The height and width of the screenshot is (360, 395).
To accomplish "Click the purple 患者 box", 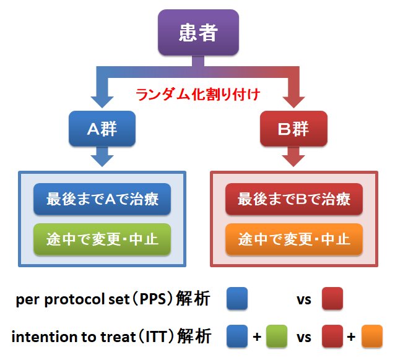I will point(197,32).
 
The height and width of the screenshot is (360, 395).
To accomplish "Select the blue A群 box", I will point(102,129).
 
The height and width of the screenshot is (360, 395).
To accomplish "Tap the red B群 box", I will point(293,129).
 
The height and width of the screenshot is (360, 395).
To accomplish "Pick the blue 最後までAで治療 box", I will point(102,199).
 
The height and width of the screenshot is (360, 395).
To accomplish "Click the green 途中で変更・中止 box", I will point(102,238).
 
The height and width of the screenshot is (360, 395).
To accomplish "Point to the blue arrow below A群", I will point(102,158).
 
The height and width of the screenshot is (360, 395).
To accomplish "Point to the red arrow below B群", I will point(293,158).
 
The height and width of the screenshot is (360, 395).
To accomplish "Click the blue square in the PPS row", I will point(237,299).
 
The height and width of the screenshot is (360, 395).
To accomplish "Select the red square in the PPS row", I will point(333,299).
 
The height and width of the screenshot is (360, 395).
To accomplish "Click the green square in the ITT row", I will point(277,336).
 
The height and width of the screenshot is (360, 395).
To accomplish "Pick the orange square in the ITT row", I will point(372,336).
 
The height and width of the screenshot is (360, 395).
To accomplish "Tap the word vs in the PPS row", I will point(303,301).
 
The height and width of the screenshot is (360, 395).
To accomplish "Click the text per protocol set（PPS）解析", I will point(115,300).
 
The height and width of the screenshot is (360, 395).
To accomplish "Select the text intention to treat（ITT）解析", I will point(111,337).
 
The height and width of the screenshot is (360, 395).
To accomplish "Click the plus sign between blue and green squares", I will point(258,337).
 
